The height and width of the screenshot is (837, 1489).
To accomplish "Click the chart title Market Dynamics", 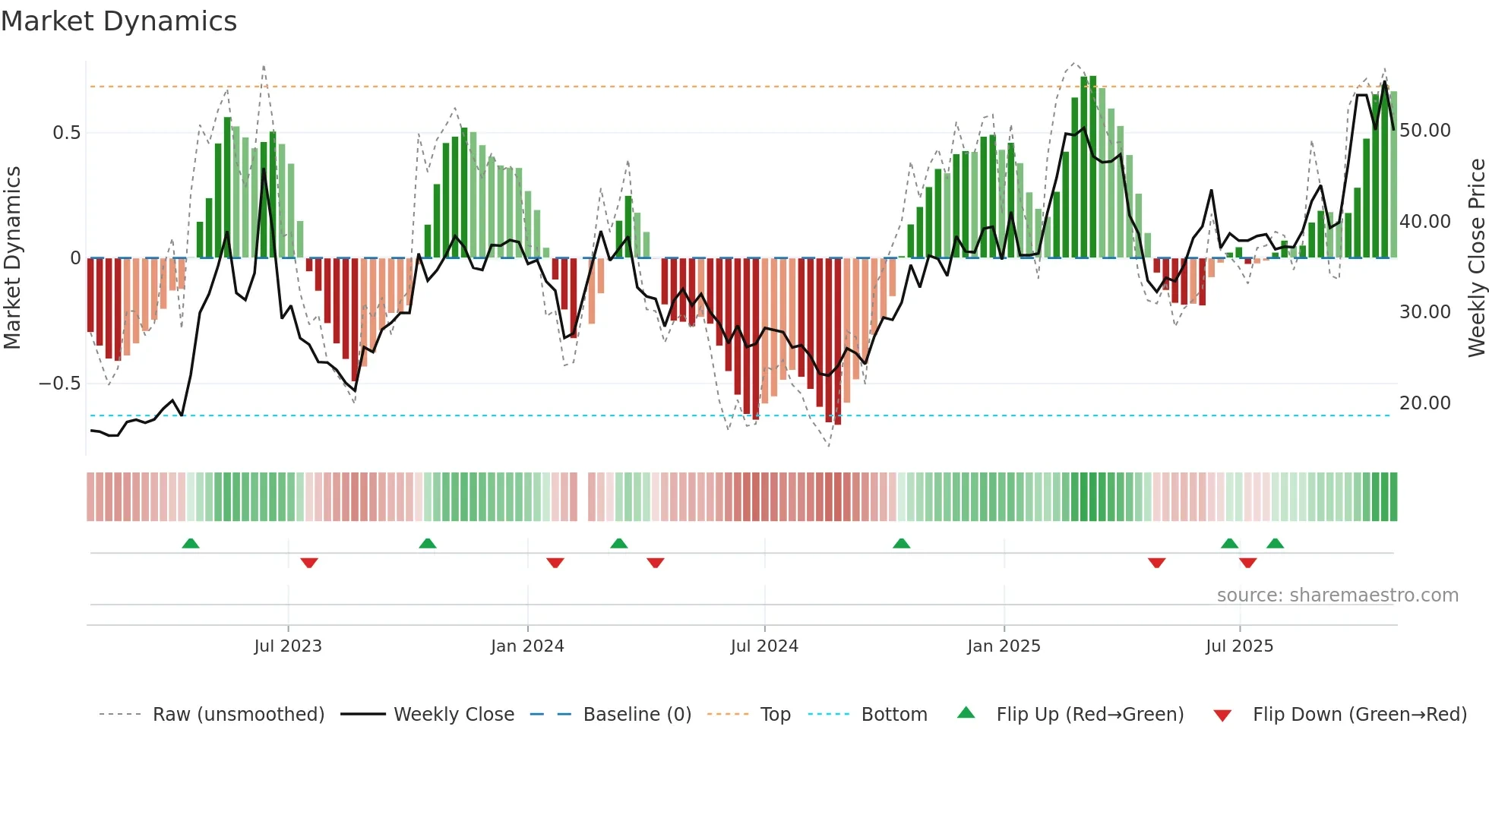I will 119,21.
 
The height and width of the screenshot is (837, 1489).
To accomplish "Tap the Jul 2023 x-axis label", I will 288,646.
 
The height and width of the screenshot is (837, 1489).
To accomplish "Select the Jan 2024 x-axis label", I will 527,646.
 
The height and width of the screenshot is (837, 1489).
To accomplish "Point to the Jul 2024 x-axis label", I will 764,646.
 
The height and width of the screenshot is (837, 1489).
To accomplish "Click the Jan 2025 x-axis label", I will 1004,646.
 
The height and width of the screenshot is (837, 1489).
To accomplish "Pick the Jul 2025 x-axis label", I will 1239,646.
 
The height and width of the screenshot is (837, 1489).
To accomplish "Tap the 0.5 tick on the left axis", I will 67,133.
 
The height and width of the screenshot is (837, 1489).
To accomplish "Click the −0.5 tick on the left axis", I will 60,384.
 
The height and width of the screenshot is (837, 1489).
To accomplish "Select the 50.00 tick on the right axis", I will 1424,131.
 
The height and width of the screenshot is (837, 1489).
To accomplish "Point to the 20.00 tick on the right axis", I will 1424,403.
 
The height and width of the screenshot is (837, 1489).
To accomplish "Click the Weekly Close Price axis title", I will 1476,258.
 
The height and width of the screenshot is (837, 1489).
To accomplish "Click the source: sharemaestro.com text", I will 1337,595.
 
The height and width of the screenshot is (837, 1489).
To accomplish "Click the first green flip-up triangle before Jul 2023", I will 191,544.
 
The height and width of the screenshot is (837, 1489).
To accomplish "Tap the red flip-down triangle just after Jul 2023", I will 309,563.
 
